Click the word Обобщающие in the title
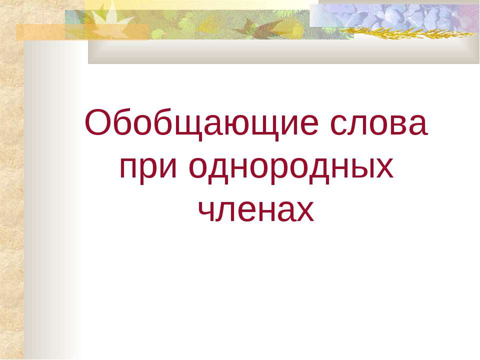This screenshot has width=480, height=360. [x=201, y=124]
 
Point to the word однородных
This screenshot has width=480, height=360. [x=291, y=168]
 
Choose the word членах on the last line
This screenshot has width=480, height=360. [x=256, y=211]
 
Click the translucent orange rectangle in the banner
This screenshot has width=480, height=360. [x=82, y=32]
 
